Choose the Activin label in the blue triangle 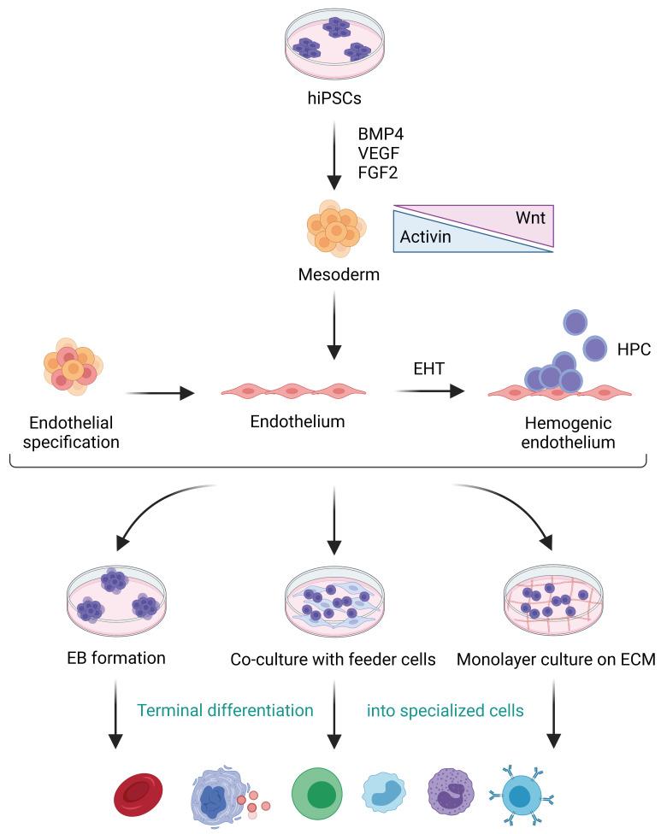point(425,232)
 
